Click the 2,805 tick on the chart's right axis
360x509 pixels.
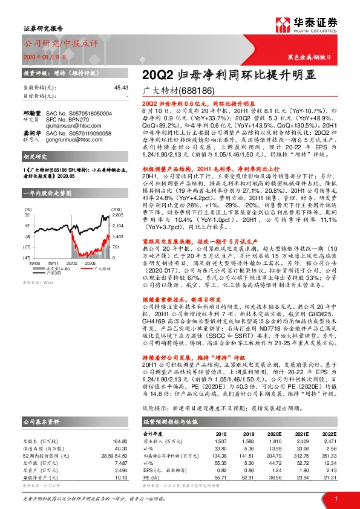(117, 215)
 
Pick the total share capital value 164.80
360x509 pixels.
(120, 426)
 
